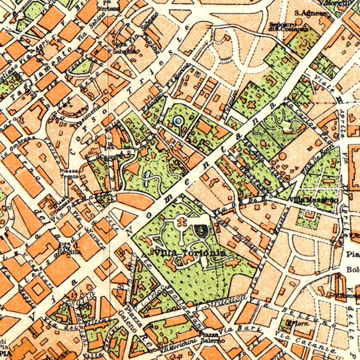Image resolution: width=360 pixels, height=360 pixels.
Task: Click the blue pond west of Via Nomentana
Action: [147, 175]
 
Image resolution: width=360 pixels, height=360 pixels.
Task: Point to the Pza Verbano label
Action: [108, 6]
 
